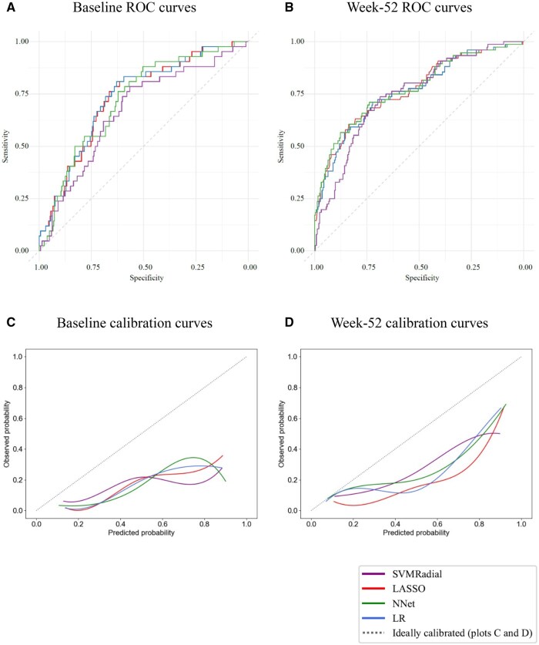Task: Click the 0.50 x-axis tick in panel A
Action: pos(144,267)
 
